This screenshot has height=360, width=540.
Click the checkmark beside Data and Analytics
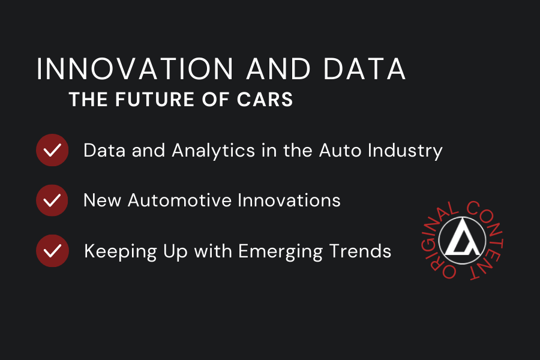coord(52,150)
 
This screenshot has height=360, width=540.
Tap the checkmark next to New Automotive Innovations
coord(52,200)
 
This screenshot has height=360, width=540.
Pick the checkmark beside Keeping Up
coord(52,250)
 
